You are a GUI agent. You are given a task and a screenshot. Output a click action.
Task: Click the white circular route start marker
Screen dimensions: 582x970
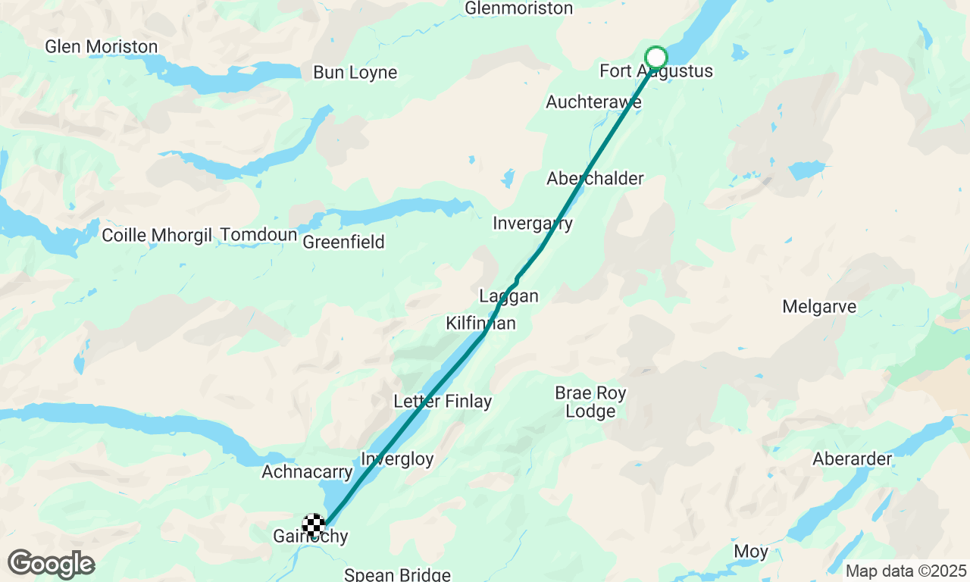[x=656, y=58]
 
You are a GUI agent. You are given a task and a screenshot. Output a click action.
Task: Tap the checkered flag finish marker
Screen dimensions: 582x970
[x=314, y=524]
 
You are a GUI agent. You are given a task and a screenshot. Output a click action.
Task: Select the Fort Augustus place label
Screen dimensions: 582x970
[x=656, y=71]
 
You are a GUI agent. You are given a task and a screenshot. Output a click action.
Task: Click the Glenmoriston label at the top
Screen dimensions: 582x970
[x=519, y=8]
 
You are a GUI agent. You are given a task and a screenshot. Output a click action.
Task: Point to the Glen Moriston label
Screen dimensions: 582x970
[x=102, y=47]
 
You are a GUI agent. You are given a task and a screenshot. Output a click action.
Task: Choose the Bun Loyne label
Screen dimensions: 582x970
[x=355, y=73]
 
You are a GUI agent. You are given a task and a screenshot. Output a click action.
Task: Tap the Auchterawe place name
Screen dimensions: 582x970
[x=594, y=102]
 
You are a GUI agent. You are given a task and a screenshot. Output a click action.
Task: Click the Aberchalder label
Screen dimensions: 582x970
[x=596, y=179]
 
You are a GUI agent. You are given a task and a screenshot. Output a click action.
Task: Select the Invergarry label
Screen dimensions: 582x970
[x=533, y=224]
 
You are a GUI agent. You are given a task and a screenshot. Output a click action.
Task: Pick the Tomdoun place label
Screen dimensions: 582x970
[x=258, y=235]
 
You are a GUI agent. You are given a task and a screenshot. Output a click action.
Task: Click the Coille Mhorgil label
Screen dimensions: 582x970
[x=157, y=235]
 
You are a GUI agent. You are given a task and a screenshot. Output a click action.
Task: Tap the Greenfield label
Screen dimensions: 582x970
[x=344, y=242]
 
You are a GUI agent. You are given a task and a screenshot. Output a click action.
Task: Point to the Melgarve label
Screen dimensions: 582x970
[x=819, y=307]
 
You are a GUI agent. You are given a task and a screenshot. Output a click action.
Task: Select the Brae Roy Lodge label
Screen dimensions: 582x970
[x=591, y=402]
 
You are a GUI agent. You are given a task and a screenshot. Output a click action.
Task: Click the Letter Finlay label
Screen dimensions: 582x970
[x=443, y=402]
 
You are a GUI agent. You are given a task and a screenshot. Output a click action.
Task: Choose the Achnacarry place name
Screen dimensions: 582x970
[x=307, y=472]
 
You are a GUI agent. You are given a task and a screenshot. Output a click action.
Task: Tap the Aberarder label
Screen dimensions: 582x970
[x=853, y=459]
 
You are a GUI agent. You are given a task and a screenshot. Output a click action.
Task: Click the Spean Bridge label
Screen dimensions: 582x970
[x=397, y=574]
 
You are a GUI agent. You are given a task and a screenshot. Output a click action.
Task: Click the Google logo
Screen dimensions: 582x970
[x=51, y=565]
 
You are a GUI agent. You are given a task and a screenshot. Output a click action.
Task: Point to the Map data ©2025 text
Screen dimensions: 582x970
[x=906, y=571]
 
